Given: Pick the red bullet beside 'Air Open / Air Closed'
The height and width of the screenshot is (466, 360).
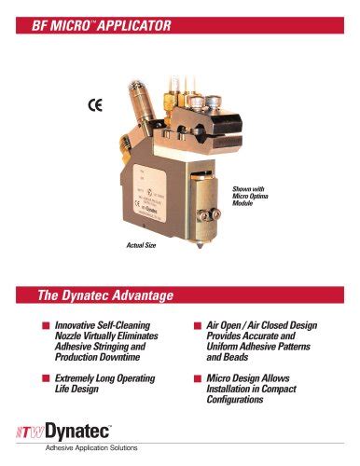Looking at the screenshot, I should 198,325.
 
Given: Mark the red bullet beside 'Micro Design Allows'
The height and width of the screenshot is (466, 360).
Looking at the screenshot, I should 198,378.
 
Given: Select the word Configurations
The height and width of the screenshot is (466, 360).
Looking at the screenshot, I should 248,400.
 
